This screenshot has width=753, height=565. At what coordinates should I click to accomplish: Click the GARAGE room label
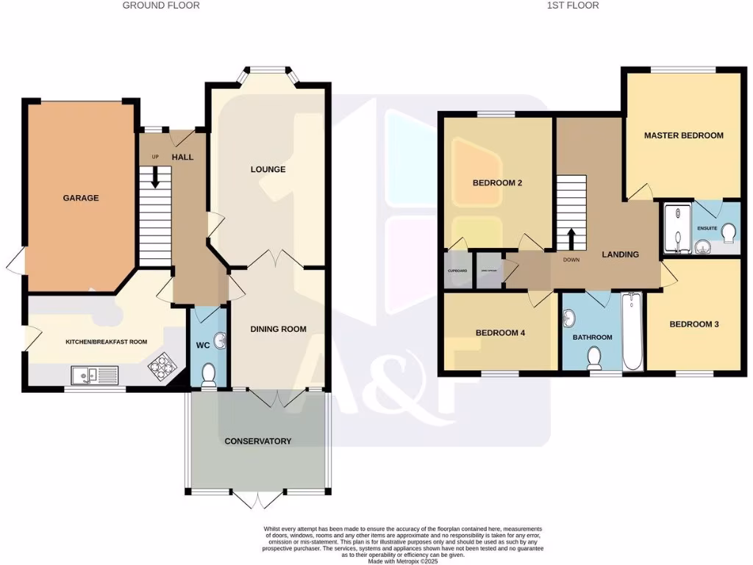point(81,198)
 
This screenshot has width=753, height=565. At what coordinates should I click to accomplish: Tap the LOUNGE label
point(268,169)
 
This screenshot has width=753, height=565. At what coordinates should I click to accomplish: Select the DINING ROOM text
point(278,329)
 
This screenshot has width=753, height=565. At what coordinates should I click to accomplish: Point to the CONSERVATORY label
point(258,441)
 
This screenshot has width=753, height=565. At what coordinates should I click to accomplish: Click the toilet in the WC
point(208,374)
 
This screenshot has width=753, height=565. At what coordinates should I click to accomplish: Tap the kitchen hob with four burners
point(160,366)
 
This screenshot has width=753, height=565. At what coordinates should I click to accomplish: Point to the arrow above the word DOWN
point(571,238)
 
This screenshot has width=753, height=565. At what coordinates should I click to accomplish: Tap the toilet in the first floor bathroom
point(594,358)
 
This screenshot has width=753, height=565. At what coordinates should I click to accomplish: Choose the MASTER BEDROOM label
point(683,135)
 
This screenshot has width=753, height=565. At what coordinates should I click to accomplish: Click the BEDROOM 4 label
point(500,333)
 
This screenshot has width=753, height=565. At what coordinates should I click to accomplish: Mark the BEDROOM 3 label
point(693,324)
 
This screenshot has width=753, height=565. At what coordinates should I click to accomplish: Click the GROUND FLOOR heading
point(160,5)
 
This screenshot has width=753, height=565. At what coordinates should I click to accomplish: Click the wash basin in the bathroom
point(569,319)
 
